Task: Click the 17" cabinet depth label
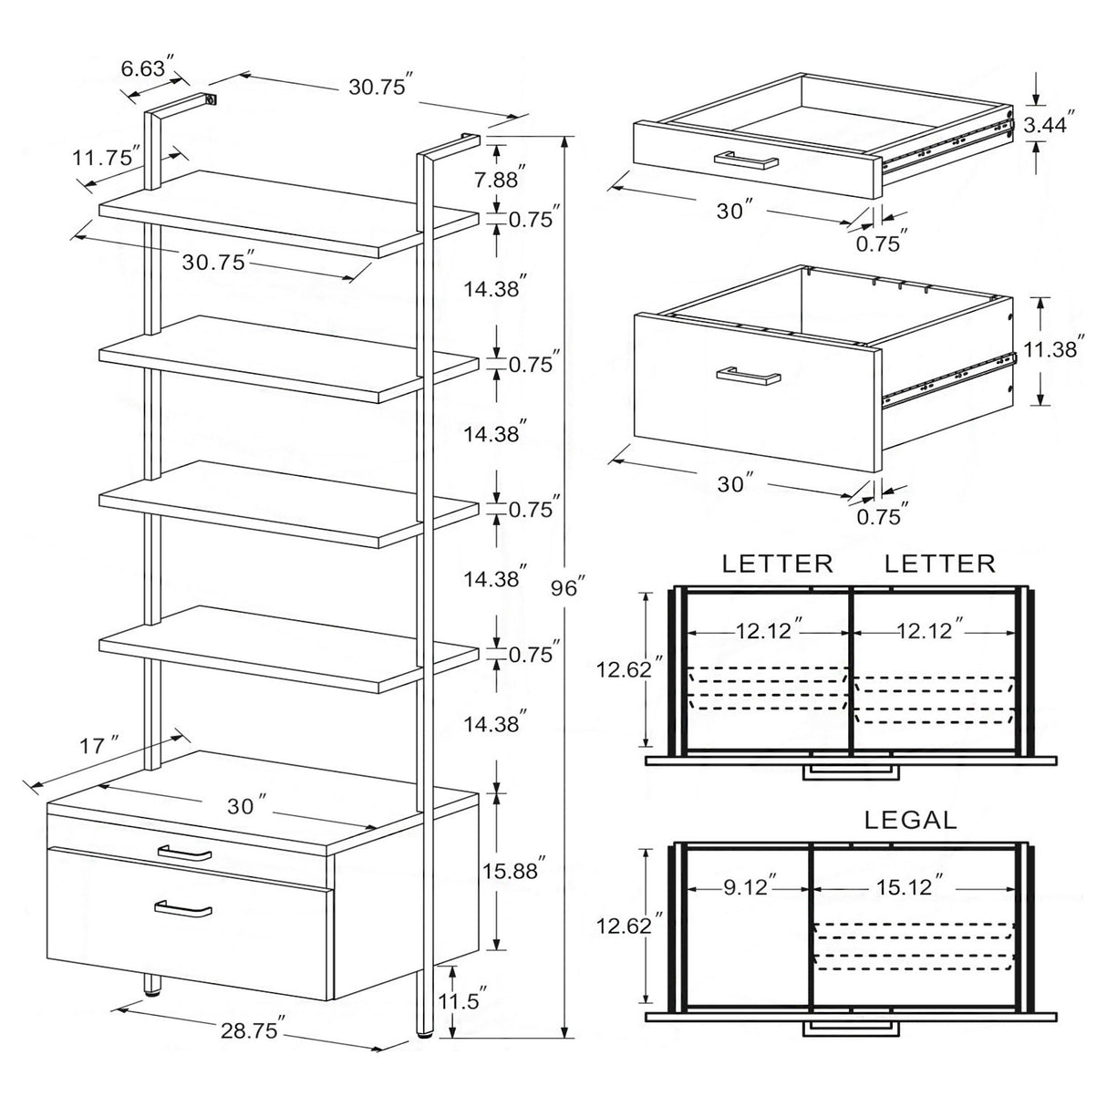(102, 745)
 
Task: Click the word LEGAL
(910, 820)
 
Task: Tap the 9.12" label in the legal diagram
(750, 885)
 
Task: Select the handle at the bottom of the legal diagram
(849, 1028)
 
